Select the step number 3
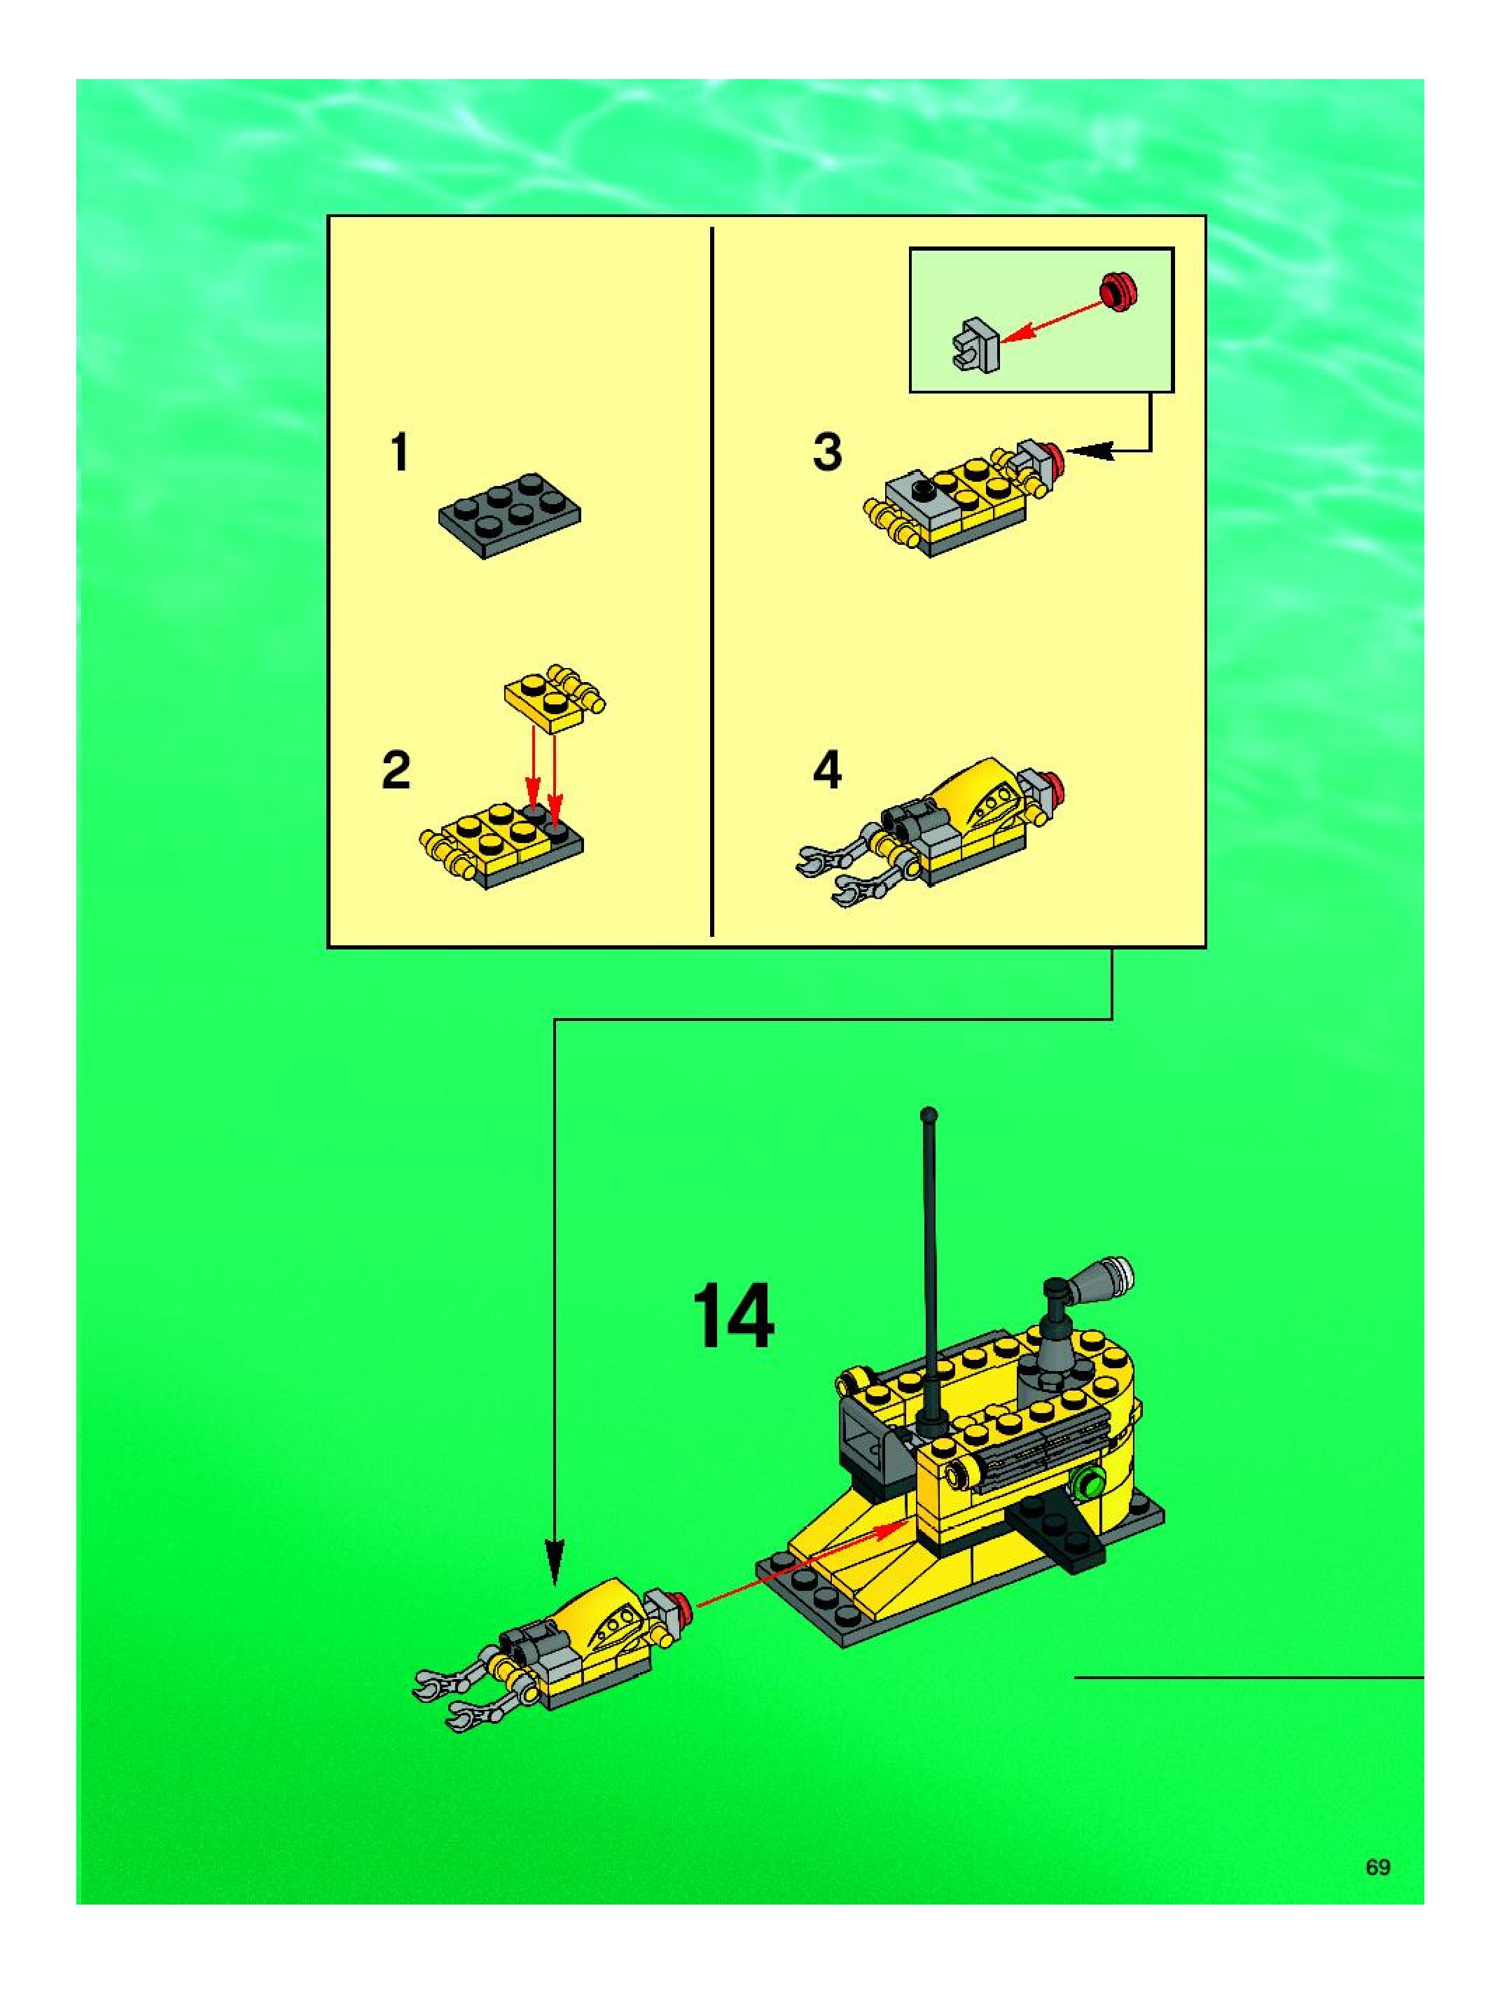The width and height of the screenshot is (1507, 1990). coord(827,452)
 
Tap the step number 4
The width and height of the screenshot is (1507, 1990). coord(827,770)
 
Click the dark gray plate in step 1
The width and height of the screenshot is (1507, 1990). coord(509,515)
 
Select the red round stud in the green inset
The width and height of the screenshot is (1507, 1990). coord(1119,291)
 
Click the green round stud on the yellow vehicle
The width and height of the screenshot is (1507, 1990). coord(1092,1480)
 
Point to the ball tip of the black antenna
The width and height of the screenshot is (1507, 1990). coord(929,1115)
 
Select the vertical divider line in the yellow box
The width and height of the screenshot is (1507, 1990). coord(711,581)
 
